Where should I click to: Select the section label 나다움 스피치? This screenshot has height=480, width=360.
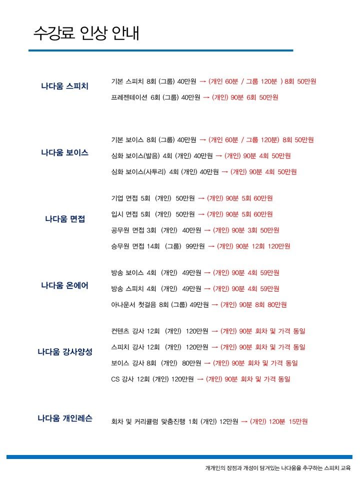coord(64,86)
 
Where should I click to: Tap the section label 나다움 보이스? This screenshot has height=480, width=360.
coord(64,152)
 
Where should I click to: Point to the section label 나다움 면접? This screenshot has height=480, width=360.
coord(65,219)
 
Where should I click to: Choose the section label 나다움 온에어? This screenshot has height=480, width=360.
coord(64,285)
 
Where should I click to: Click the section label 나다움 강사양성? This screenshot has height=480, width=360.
coord(65,352)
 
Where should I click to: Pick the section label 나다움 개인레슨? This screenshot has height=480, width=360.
coord(65,418)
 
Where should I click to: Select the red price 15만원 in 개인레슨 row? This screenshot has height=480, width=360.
coord(298,421)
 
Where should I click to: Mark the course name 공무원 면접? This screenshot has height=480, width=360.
coord(127,230)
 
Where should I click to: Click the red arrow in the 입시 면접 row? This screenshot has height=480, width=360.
coord(201,214)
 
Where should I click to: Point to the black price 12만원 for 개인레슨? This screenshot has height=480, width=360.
coord(228,421)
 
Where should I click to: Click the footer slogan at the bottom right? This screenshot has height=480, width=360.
coord(278,468)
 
